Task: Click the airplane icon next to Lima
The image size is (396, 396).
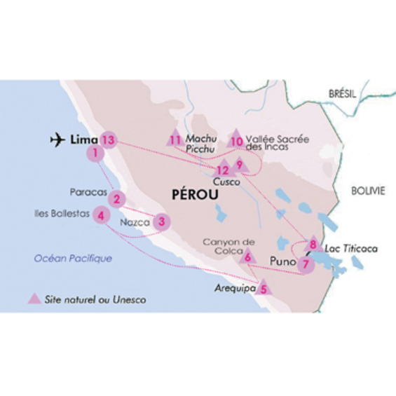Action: click(59, 140)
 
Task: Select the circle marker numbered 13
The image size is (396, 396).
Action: click(107, 139)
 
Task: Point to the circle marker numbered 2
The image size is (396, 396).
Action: click(117, 199)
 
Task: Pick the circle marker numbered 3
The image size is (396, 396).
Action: click(161, 222)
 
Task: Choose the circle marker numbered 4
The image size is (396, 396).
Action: click(102, 215)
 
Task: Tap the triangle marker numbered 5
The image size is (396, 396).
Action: click(264, 286)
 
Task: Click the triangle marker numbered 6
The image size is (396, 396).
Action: click(248, 257)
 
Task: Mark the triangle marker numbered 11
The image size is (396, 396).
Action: click(175, 139)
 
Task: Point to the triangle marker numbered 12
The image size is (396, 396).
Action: click(223, 168)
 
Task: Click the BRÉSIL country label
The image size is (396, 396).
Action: click(343, 93)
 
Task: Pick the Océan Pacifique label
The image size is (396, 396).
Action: click(74, 259)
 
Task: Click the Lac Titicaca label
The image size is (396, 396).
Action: click(343, 248)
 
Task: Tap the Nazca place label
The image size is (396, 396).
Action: click(135, 223)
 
